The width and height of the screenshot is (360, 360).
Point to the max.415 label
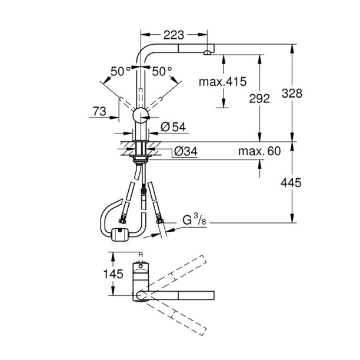coord(223,81)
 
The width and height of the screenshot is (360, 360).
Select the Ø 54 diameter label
coord(173,126)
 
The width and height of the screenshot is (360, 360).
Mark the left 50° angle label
coord(121,72)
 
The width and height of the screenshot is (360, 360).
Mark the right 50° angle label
coord(162,72)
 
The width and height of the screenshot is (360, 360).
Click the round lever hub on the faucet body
coord(141,115)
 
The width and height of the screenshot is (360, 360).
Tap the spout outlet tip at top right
coord(207,54)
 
